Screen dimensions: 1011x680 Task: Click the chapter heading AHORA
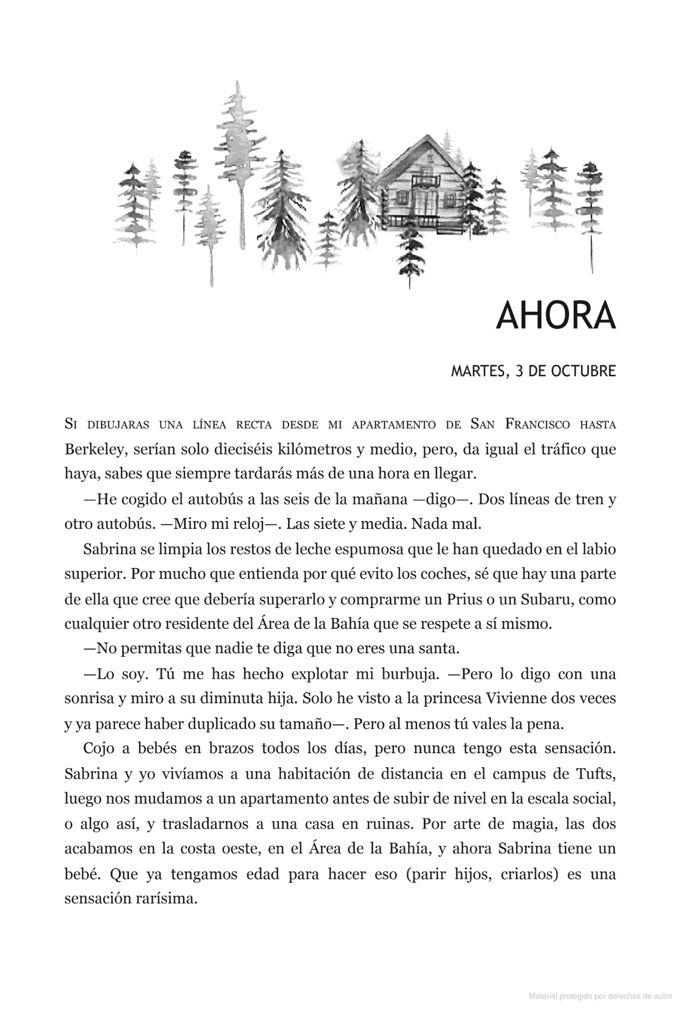pos(555,316)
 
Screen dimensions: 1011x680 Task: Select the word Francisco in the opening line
pos(538,425)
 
